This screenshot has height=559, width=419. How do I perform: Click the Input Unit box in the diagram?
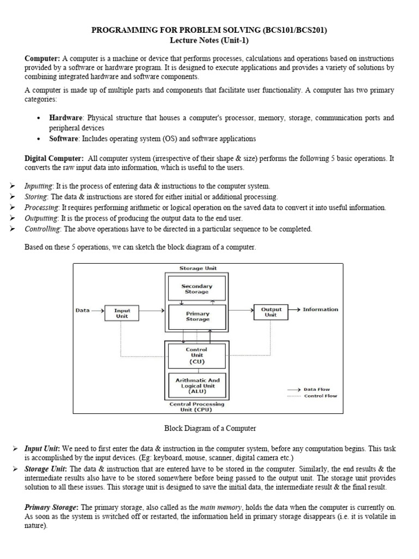click(122, 313)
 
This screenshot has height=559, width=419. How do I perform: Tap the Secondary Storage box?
click(197, 288)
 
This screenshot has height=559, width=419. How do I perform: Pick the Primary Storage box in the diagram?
click(197, 316)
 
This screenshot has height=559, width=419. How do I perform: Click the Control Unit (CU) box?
click(196, 355)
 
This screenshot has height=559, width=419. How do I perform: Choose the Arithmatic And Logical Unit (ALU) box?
click(196, 385)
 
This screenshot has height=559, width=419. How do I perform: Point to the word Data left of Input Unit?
click(83, 310)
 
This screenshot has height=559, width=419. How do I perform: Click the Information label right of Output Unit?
click(320, 309)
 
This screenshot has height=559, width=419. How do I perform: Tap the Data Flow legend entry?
click(316, 389)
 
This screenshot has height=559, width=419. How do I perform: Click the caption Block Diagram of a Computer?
click(209, 429)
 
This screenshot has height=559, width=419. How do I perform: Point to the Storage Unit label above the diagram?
click(197, 268)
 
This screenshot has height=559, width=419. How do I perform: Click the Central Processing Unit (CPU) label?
click(197, 407)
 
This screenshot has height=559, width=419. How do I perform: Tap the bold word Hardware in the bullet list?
click(65, 118)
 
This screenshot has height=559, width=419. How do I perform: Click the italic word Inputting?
click(38, 186)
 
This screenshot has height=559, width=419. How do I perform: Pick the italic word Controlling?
click(42, 229)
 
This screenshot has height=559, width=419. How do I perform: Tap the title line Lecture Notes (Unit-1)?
click(209, 40)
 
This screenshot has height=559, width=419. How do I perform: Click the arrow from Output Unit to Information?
click(295, 310)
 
